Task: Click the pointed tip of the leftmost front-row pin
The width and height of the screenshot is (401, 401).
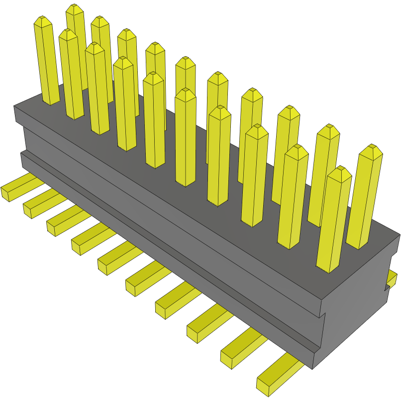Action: (x=43, y=21)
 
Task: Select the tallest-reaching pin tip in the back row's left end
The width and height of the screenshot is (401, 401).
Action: (x=75, y=9)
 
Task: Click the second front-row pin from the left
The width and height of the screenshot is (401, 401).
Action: (x=71, y=75)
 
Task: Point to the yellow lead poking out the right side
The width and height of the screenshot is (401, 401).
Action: (x=392, y=280)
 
